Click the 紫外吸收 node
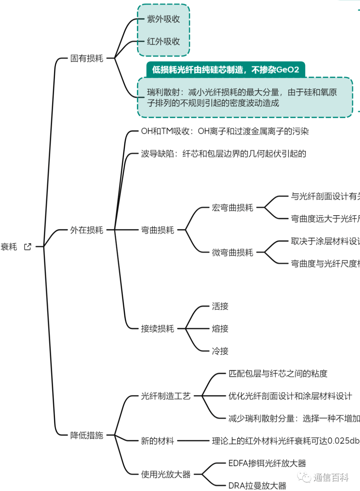(x=163, y=19)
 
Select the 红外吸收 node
(x=163, y=41)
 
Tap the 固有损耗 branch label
(x=87, y=58)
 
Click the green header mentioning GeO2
(x=226, y=70)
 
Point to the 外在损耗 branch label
(x=87, y=230)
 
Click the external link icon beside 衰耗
(x=28, y=247)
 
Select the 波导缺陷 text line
(x=223, y=154)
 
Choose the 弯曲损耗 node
(x=157, y=230)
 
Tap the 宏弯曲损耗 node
(x=232, y=208)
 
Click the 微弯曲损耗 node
(x=232, y=252)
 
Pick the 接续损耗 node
(x=157, y=329)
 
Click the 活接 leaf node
(x=220, y=306)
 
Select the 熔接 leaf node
(x=220, y=329)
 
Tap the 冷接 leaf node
(x=220, y=351)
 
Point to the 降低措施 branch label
(x=87, y=435)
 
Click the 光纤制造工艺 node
(x=166, y=396)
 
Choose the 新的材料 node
(x=157, y=441)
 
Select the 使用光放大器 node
(x=166, y=474)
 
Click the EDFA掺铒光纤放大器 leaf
(x=267, y=463)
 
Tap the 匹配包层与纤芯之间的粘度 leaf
(x=278, y=373)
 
